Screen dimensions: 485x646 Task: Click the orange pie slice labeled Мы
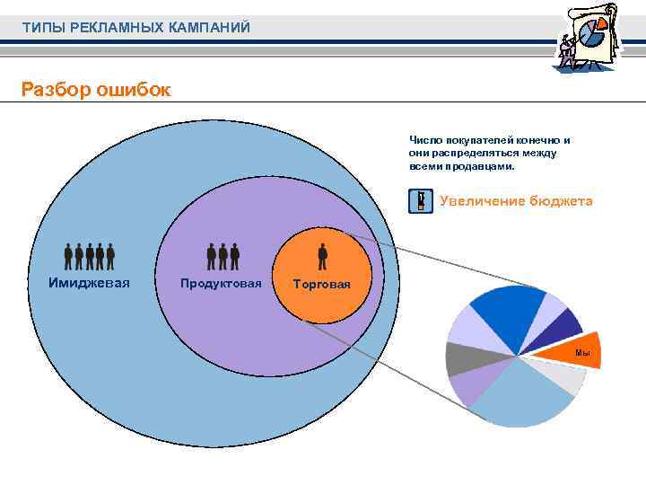pyautogui.click(x=575, y=349)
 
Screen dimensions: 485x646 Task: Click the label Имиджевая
pyautogui.click(x=89, y=283)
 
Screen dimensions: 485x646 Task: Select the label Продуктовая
pyautogui.click(x=221, y=284)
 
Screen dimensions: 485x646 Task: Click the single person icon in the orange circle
pyautogui.click(x=323, y=257)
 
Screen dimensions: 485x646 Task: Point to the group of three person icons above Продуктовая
pyautogui.click(x=223, y=257)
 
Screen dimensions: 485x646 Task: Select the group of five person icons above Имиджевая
pyautogui.click(x=90, y=257)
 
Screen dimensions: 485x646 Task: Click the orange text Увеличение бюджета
pyautogui.click(x=516, y=201)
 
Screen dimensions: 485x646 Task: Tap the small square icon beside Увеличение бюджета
pyautogui.click(x=419, y=201)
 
